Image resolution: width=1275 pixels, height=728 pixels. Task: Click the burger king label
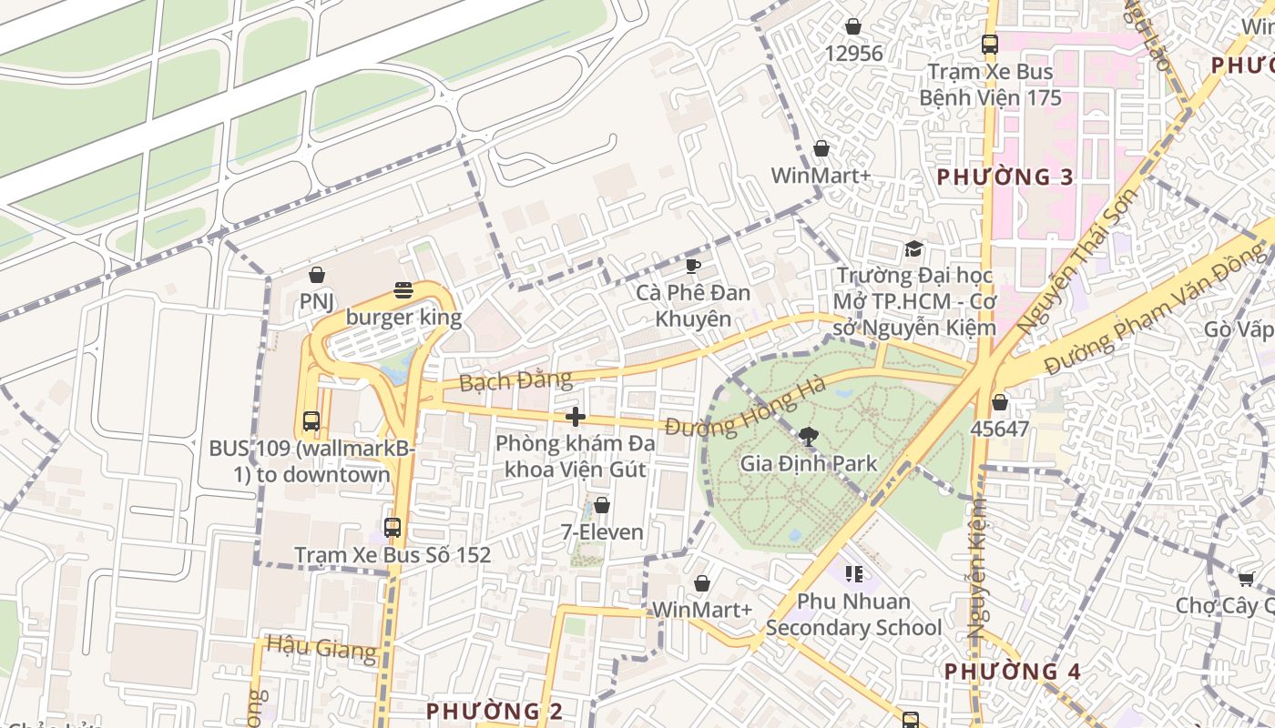click(x=403, y=318)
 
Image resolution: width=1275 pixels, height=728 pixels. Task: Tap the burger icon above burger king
click(x=403, y=290)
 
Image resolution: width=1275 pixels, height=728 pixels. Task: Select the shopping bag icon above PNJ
click(x=317, y=274)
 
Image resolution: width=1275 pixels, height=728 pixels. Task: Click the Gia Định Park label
click(x=808, y=462)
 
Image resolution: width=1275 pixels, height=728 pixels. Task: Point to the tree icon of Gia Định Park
click(x=807, y=436)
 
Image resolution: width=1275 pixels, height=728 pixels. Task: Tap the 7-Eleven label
click(x=601, y=531)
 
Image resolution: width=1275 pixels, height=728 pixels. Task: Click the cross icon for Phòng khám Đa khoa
click(x=575, y=417)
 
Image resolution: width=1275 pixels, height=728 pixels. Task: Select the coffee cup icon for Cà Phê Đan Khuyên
click(x=693, y=266)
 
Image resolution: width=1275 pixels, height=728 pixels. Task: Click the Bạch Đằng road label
click(x=515, y=379)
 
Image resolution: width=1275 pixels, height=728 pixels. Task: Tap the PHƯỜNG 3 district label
click(x=1005, y=177)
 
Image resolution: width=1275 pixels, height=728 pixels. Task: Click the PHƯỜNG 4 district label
click(x=1011, y=672)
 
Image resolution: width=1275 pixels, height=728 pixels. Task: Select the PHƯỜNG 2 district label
click(x=495, y=710)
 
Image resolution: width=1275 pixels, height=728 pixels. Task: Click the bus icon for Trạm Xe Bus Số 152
click(x=392, y=527)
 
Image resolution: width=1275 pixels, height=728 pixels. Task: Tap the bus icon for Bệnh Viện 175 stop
click(x=990, y=44)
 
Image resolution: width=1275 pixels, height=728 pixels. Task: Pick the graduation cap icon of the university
click(x=913, y=248)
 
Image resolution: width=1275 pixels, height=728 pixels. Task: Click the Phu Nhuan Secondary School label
click(x=853, y=614)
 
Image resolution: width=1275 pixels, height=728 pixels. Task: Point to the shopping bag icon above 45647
click(x=1000, y=401)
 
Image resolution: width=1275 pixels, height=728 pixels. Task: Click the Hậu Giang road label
click(x=321, y=649)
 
